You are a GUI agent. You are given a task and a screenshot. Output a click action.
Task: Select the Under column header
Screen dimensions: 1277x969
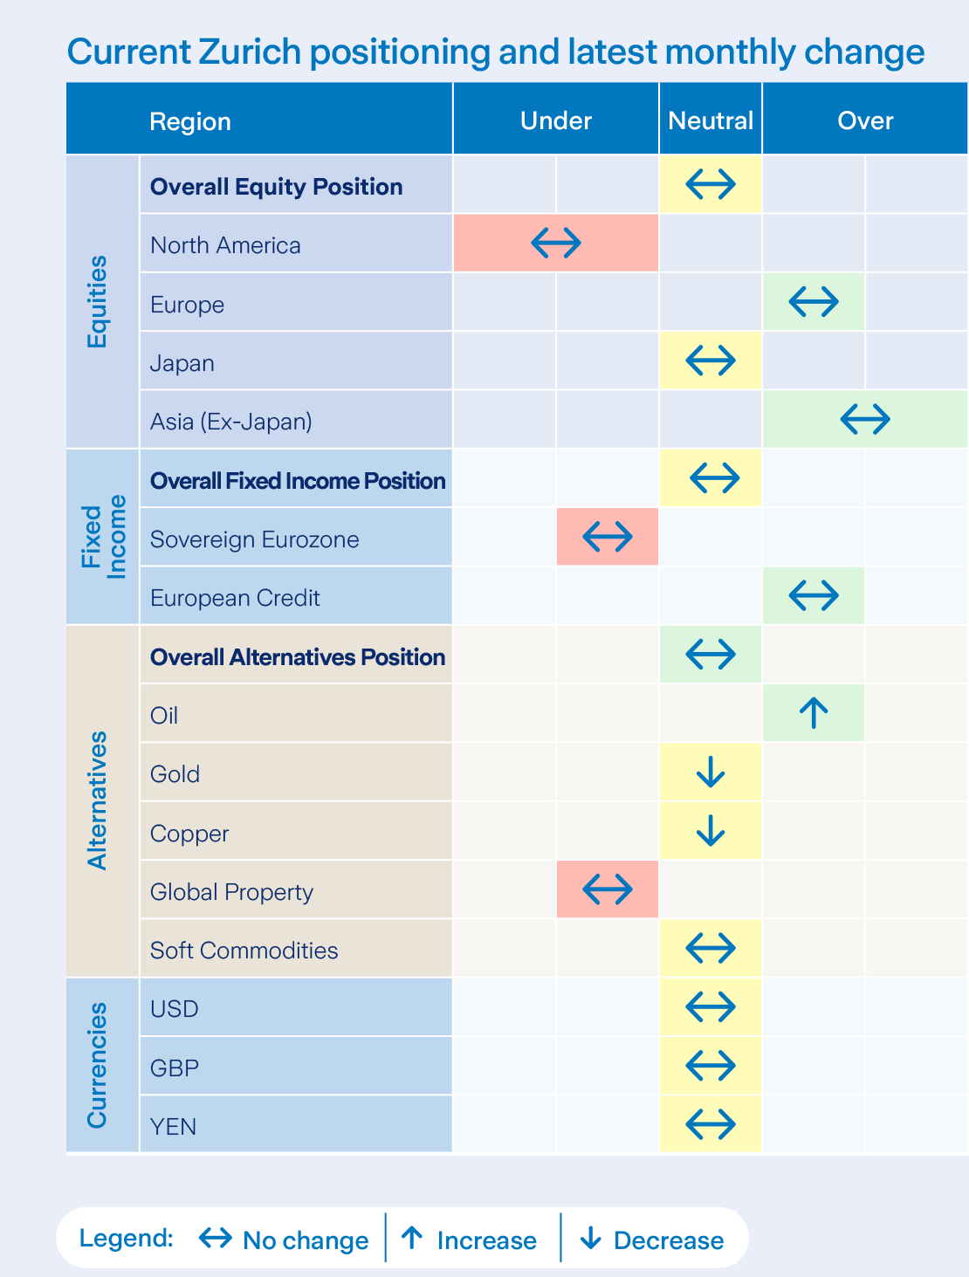[555, 120]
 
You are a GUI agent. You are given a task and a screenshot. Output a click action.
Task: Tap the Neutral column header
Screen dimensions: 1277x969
[711, 120]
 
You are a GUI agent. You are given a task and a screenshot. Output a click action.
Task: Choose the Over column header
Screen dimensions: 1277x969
[864, 120]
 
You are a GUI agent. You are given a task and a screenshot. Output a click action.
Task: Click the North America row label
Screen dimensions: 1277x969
[225, 245]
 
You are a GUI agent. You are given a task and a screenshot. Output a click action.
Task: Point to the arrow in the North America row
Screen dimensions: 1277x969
[555, 243]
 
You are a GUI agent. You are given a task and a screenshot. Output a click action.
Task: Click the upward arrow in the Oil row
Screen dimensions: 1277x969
[814, 713]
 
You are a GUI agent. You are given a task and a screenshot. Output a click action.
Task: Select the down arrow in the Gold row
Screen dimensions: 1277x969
[711, 772]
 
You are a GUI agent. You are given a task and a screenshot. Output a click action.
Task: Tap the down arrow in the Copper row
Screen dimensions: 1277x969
[711, 831]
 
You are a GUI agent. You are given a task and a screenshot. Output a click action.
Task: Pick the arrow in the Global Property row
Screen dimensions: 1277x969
[607, 889]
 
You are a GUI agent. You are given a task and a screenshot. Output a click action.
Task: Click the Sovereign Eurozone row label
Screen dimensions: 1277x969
[254, 539]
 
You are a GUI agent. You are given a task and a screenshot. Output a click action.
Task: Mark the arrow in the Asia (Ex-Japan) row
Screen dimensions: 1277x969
[864, 419]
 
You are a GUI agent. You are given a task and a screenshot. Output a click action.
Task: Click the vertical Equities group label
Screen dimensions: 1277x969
[97, 301]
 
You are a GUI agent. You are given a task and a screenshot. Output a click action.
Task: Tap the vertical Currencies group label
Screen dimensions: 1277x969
[97, 1065]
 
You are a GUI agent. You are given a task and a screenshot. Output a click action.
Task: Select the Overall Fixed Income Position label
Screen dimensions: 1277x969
[298, 481]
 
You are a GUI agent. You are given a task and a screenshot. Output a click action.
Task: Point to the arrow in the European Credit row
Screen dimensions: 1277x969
[814, 595]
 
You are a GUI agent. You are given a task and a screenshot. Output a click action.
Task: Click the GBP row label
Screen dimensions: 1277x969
[175, 1068]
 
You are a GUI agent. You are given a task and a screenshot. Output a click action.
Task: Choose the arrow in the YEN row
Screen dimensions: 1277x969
[711, 1124]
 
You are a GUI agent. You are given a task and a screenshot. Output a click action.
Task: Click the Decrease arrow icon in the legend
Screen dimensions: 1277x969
[591, 1238]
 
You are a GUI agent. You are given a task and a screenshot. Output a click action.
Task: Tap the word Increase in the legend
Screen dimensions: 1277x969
[486, 1240]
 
